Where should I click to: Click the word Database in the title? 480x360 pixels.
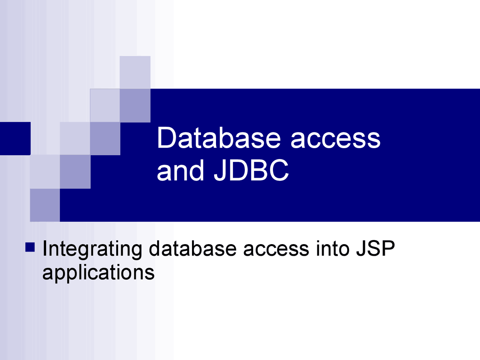218,138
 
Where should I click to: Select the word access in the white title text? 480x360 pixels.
336,138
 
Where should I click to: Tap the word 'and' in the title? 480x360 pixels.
180,171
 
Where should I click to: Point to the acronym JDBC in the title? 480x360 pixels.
252,171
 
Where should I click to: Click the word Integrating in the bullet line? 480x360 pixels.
92,249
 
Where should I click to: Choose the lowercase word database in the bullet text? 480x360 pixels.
193,249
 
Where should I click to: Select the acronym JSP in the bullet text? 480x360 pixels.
375,249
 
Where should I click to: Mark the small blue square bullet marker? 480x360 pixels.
30,247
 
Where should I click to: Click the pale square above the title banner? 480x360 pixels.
135,72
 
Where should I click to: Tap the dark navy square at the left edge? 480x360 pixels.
15,138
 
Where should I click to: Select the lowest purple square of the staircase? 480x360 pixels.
45,205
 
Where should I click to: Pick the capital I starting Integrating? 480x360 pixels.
45,249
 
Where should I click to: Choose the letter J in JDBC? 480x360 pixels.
220,171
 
